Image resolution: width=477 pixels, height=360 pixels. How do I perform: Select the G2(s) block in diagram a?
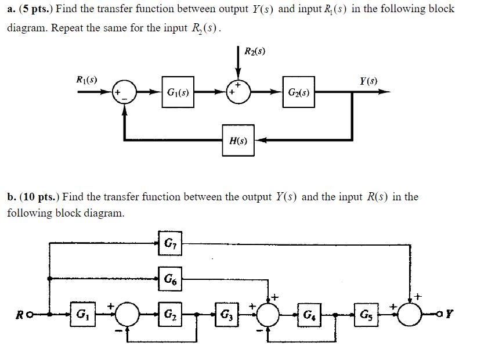click(x=299, y=92)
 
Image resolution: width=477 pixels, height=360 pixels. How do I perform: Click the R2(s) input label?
click(x=256, y=51)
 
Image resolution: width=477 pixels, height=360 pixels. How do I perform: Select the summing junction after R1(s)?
click(x=125, y=92)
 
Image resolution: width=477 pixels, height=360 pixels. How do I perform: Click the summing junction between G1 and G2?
click(x=127, y=317)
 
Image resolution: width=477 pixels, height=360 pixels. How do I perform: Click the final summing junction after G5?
click(x=414, y=317)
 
